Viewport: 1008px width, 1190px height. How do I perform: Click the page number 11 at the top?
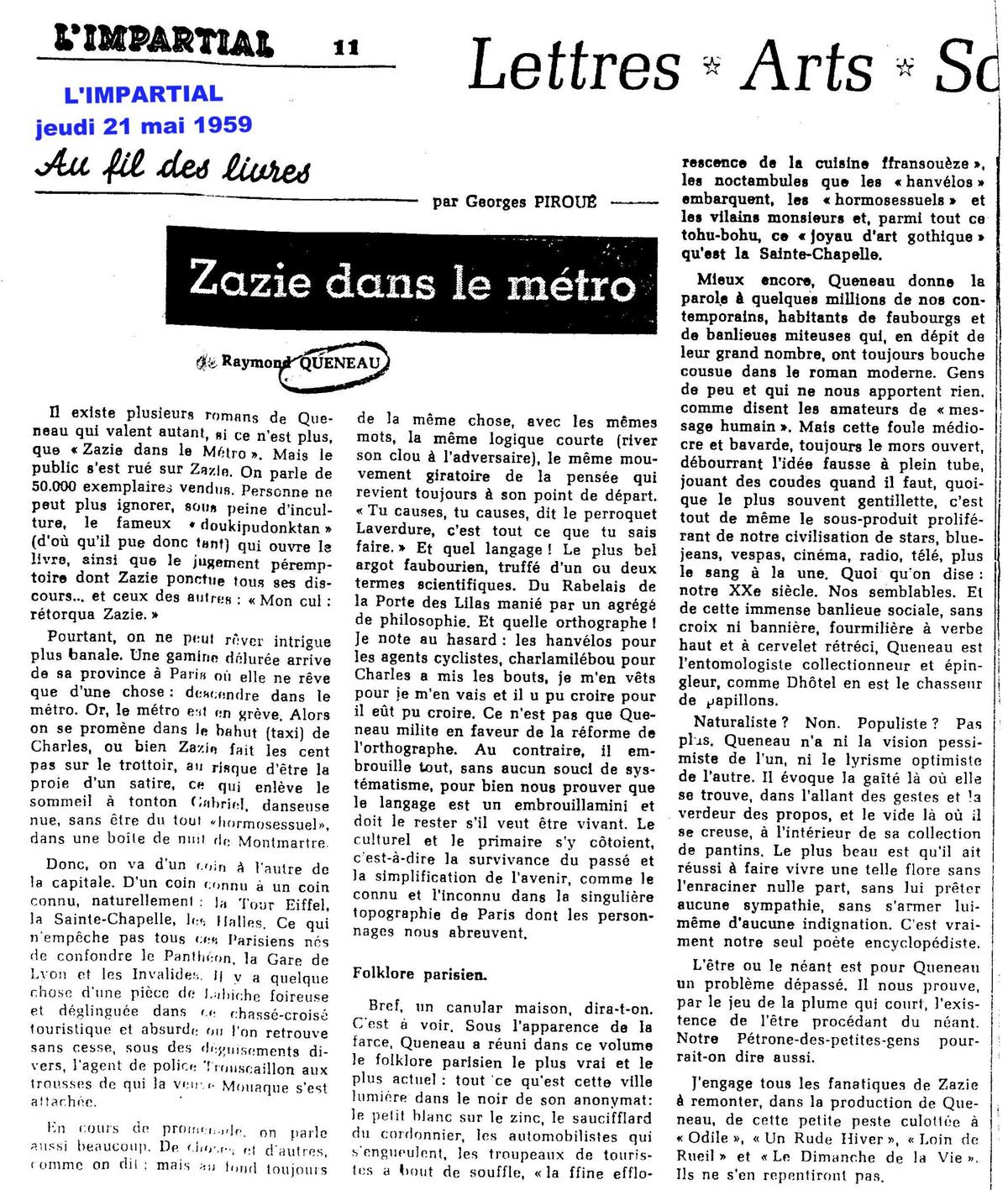point(346,48)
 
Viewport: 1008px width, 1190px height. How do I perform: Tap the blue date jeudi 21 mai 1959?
point(144,125)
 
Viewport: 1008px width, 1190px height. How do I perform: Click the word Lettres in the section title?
point(574,67)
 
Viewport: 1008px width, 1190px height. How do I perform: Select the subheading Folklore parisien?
point(419,975)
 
